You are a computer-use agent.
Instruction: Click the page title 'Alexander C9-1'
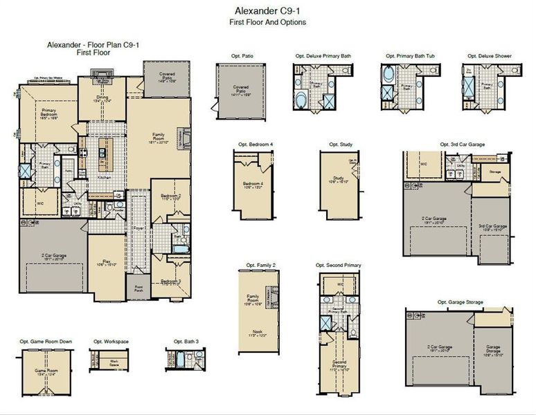tap(267, 11)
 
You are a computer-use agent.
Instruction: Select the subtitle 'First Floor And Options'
tap(267, 22)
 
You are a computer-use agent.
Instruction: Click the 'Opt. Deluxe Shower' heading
tap(489, 55)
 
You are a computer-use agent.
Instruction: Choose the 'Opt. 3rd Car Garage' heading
tap(462, 145)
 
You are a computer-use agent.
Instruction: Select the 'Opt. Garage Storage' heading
tap(461, 302)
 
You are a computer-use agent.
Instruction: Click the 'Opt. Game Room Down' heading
tap(44, 342)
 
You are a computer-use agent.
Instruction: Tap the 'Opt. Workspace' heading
tap(107, 342)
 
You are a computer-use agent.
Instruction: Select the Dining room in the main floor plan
tap(102, 98)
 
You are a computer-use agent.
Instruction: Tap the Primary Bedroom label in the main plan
tap(48, 113)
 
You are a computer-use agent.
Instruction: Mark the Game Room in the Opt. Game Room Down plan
tap(44, 371)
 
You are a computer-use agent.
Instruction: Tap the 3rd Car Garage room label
tap(492, 227)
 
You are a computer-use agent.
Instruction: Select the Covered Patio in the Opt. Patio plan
tap(240, 91)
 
